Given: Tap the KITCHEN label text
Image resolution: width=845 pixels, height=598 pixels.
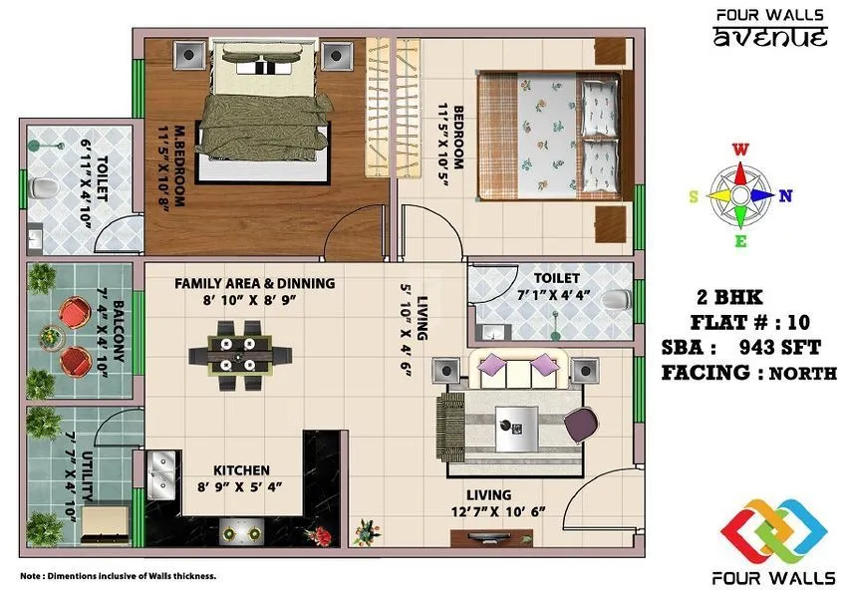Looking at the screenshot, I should click(x=241, y=470).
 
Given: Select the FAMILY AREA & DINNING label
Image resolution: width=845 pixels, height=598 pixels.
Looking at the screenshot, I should click(x=254, y=283).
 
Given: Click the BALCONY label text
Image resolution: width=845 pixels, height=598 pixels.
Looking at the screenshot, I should click(x=119, y=337).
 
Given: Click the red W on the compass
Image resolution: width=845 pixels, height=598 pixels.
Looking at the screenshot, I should click(x=741, y=150).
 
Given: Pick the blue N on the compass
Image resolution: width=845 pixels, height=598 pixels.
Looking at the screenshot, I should click(x=786, y=195).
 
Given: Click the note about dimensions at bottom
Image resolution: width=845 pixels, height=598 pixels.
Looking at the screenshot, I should click(x=118, y=576).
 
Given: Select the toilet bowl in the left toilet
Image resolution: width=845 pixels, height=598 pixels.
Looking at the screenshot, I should click(x=42, y=188).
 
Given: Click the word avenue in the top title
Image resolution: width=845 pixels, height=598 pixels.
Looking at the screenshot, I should click(x=770, y=38).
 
